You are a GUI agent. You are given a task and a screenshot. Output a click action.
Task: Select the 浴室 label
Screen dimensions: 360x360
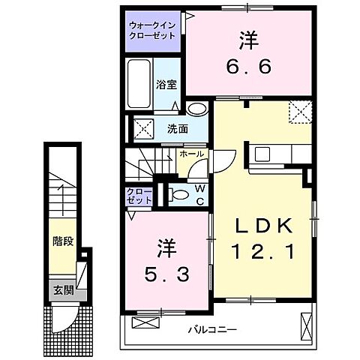(165, 85)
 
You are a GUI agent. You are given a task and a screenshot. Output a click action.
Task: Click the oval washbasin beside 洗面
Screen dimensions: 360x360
(196, 109)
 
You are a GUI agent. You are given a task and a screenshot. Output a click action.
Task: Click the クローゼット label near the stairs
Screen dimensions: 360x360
(139, 195)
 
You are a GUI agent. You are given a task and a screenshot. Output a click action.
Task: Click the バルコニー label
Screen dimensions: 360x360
(212, 328)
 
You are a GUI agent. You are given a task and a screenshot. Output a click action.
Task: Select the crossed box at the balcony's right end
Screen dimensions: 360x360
(305, 325)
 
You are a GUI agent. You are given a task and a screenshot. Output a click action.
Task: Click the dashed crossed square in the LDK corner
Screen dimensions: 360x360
(301, 113)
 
